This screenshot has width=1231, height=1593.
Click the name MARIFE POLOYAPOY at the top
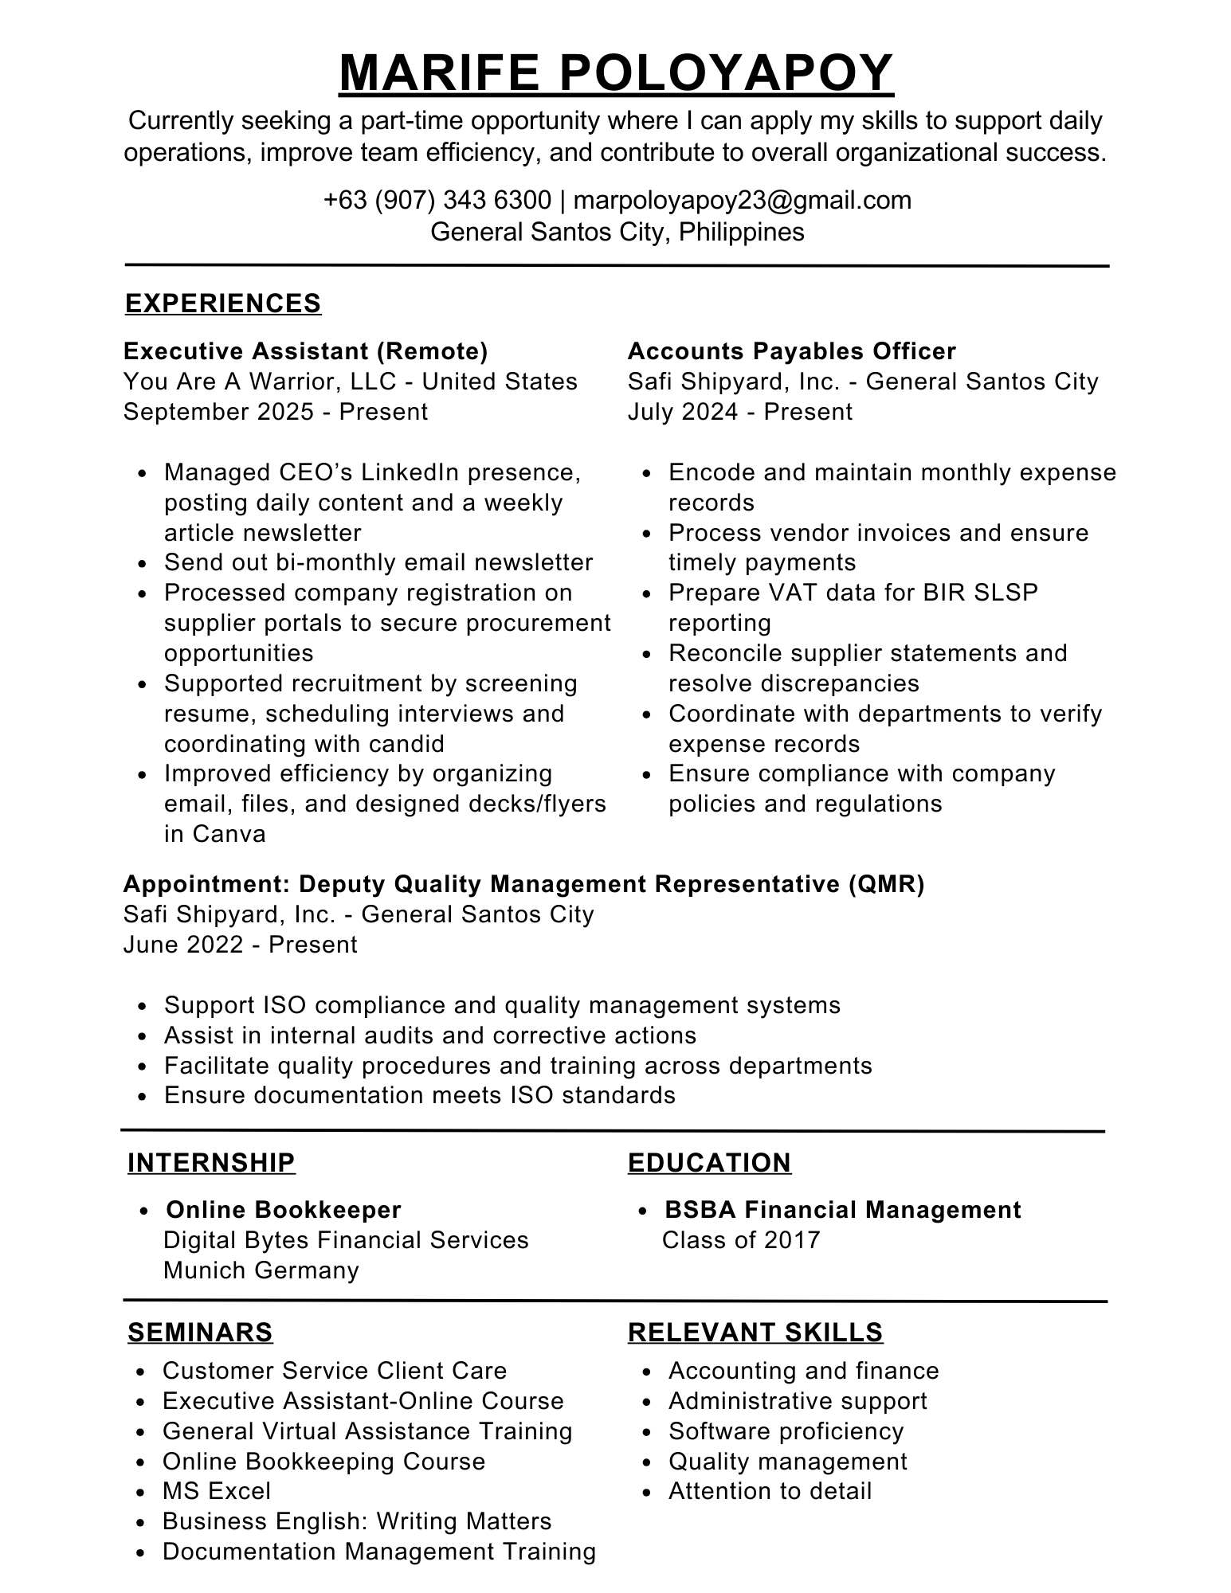pos(616,73)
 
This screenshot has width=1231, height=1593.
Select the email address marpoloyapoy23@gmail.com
pos(742,200)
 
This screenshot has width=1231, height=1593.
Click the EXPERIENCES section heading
pos(223,303)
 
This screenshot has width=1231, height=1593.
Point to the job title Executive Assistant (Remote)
pos(305,351)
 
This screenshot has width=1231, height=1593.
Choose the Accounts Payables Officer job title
pos(791,351)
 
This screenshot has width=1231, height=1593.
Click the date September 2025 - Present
pos(276,412)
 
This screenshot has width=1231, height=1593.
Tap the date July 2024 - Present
pos(739,412)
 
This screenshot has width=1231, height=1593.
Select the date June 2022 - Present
pos(240,945)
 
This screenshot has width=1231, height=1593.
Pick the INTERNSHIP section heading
pos(211,1163)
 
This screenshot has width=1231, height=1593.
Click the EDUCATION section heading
pos(709,1163)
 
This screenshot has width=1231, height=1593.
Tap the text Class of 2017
pos(741,1240)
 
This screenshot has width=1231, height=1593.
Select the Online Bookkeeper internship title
pos(283,1210)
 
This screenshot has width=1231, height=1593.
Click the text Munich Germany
pos(261,1270)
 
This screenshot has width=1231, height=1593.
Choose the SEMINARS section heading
pos(200,1333)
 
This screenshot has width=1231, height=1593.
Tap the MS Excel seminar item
pos(217,1491)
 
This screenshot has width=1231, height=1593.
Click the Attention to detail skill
pos(770,1491)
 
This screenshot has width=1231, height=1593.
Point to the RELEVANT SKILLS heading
pos(755,1333)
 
